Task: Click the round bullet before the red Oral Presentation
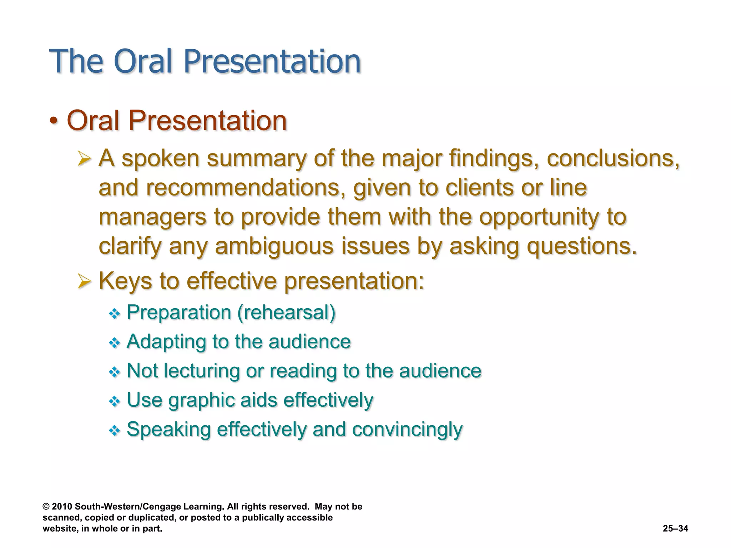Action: pos(54,121)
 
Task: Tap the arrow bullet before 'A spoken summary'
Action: pos(84,159)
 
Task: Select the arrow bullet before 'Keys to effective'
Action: pos(84,281)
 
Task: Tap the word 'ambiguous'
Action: pos(274,247)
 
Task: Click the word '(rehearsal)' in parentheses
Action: pos(286,313)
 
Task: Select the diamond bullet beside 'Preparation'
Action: pos(114,314)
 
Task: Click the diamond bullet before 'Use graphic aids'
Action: pos(114,401)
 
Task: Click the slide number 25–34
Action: pos(675,528)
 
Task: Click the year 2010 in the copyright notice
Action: pos(62,507)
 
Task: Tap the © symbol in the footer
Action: pos(46,507)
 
